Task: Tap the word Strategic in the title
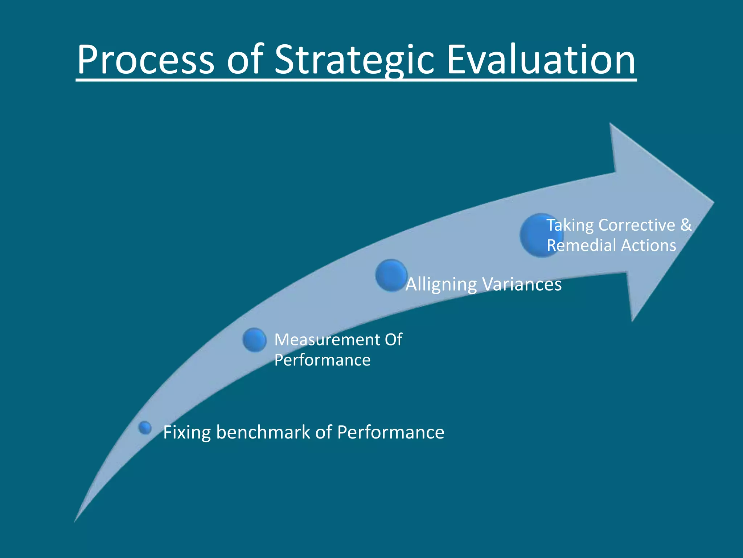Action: pyautogui.click(x=354, y=60)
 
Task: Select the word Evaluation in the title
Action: pyautogui.click(x=541, y=60)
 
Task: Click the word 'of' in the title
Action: pyautogui.click(x=245, y=60)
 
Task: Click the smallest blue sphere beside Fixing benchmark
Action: pyautogui.click(x=145, y=428)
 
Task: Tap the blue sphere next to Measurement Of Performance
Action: pyautogui.click(x=254, y=340)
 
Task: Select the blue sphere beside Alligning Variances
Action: pyautogui.click(x=391, y=275)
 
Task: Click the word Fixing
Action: pyautogui.click(x=187, y=432)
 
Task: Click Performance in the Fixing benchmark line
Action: pyautogui.click(x=390, y=432)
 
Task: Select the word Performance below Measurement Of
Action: pyautogui.click(x=322, y=360)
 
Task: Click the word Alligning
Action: pyautogui.click(x=441, y=284)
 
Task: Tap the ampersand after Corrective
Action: pyautogui.click(x=686, y=225)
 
